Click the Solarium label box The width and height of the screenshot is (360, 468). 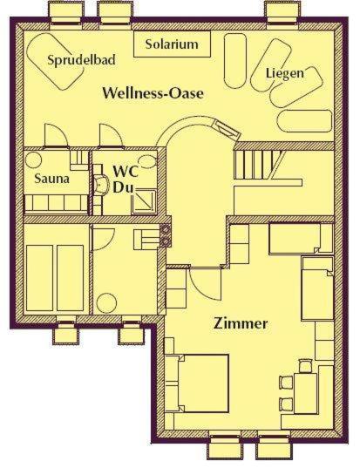pyautogui.click(x=172, y=44)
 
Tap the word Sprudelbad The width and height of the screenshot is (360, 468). pyautogui.click(x=81, y=60)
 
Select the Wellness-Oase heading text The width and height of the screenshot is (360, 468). pyautogui.click(x=153, y=93)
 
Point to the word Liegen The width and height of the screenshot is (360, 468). pyautogui.click(x=285, y=73)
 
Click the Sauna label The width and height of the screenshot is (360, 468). pyautogui.click(x=52, y=179)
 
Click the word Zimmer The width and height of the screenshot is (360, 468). pyautogui.click(x=241, y=323)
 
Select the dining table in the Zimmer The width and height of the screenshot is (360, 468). pyautogui.click(x=305, y=393)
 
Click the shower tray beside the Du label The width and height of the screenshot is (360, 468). pyautogui.click(x=144, y=202)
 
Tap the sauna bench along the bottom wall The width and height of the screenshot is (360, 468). pyautogui.click(x=56, y=203)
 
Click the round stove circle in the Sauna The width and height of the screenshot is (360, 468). pyautogui.click(x=33, y=160)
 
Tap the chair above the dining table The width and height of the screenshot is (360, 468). pyautogui.click(x=305, y=366)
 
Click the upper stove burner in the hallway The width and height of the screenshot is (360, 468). pyautogui.click(x=166, y=229)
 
